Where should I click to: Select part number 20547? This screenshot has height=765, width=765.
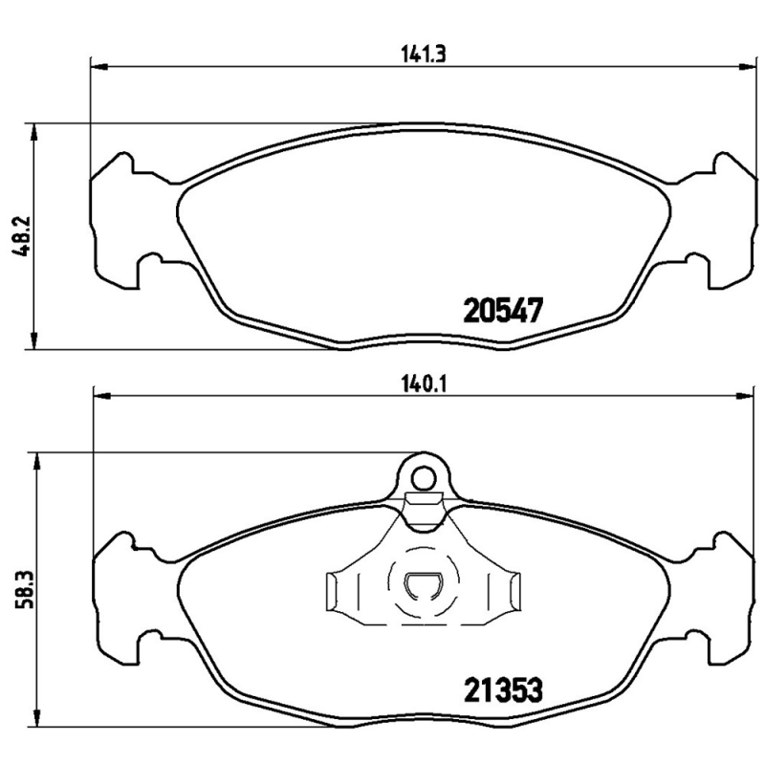503,311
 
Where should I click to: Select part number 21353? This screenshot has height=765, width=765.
503,688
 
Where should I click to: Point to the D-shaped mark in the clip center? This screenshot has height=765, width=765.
421,585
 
